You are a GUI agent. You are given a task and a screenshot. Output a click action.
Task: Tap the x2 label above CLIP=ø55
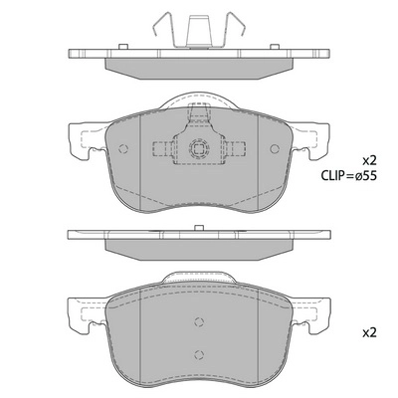pos(369,159)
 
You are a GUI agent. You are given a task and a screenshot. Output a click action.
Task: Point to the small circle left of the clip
pos(123,151)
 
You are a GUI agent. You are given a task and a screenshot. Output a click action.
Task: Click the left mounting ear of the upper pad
pos(84,145)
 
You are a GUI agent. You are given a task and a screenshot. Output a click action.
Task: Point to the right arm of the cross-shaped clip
pos(235,151)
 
